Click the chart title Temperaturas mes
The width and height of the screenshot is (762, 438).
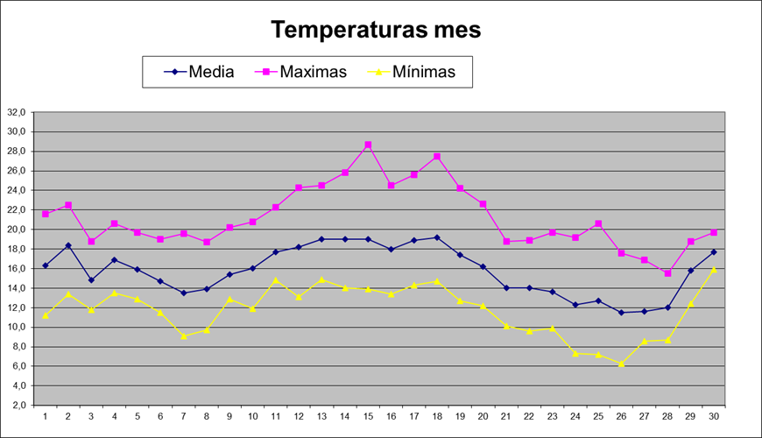tap(376, 29)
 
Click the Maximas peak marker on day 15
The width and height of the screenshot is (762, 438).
tap(368, 145)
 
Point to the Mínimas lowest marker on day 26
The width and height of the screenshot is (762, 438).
tap(621, 364)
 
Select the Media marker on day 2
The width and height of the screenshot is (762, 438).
tap(68, 245)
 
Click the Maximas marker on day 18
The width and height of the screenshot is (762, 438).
tap(437, 157)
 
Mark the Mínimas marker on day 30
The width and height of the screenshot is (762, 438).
tap(713, 270)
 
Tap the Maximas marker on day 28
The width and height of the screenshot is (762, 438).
tap(667, 273)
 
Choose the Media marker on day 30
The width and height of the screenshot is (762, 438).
tap(713, 252)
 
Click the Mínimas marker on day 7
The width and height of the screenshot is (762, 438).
tap(183, 336)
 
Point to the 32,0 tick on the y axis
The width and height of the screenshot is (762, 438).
tap(18, 112)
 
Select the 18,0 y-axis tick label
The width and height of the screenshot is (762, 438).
tap(18, 249)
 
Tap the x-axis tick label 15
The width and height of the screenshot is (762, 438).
tap(368, 416)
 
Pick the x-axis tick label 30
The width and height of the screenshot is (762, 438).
tap(713, 416)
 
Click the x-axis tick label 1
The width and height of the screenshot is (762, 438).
tap(46, 416)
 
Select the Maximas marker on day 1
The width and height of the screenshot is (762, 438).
tap(46, 214)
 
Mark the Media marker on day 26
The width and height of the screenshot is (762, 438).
tap(621, 313)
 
